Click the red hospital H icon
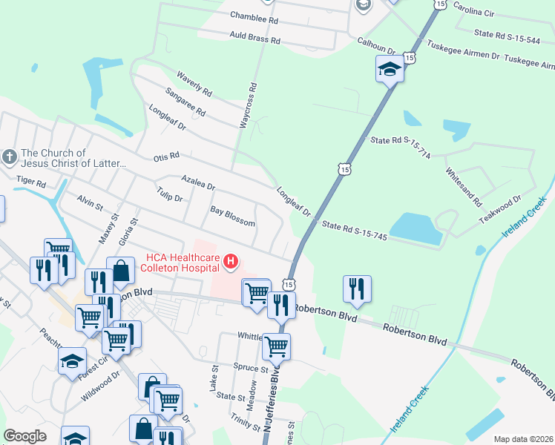231,261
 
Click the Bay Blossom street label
232,217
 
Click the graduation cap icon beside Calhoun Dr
389,70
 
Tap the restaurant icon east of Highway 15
357,288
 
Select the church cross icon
9,157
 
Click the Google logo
24,436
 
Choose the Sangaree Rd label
185,102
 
